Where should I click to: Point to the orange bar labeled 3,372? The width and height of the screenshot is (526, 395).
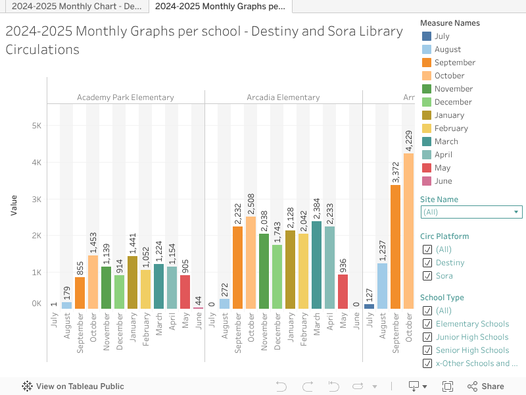tap(395, 247)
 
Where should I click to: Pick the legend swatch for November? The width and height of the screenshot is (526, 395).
tap(426, 89)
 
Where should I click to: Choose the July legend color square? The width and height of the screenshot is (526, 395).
tap(426, 36)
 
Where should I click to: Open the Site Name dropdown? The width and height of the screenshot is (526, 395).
tap(471, 212)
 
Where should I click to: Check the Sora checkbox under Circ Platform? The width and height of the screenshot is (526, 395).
tap(427, 276)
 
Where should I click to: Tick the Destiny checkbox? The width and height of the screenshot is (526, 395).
tap(427, 263)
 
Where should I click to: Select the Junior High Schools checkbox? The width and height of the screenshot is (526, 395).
tap(427, 337)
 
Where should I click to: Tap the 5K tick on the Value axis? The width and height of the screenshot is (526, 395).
tap(36, 126)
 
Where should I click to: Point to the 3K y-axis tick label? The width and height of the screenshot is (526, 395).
tap(36, 199)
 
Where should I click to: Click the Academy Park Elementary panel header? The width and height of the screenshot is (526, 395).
tap(126, 97)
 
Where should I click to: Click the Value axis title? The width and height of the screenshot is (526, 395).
tap(14, 203)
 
